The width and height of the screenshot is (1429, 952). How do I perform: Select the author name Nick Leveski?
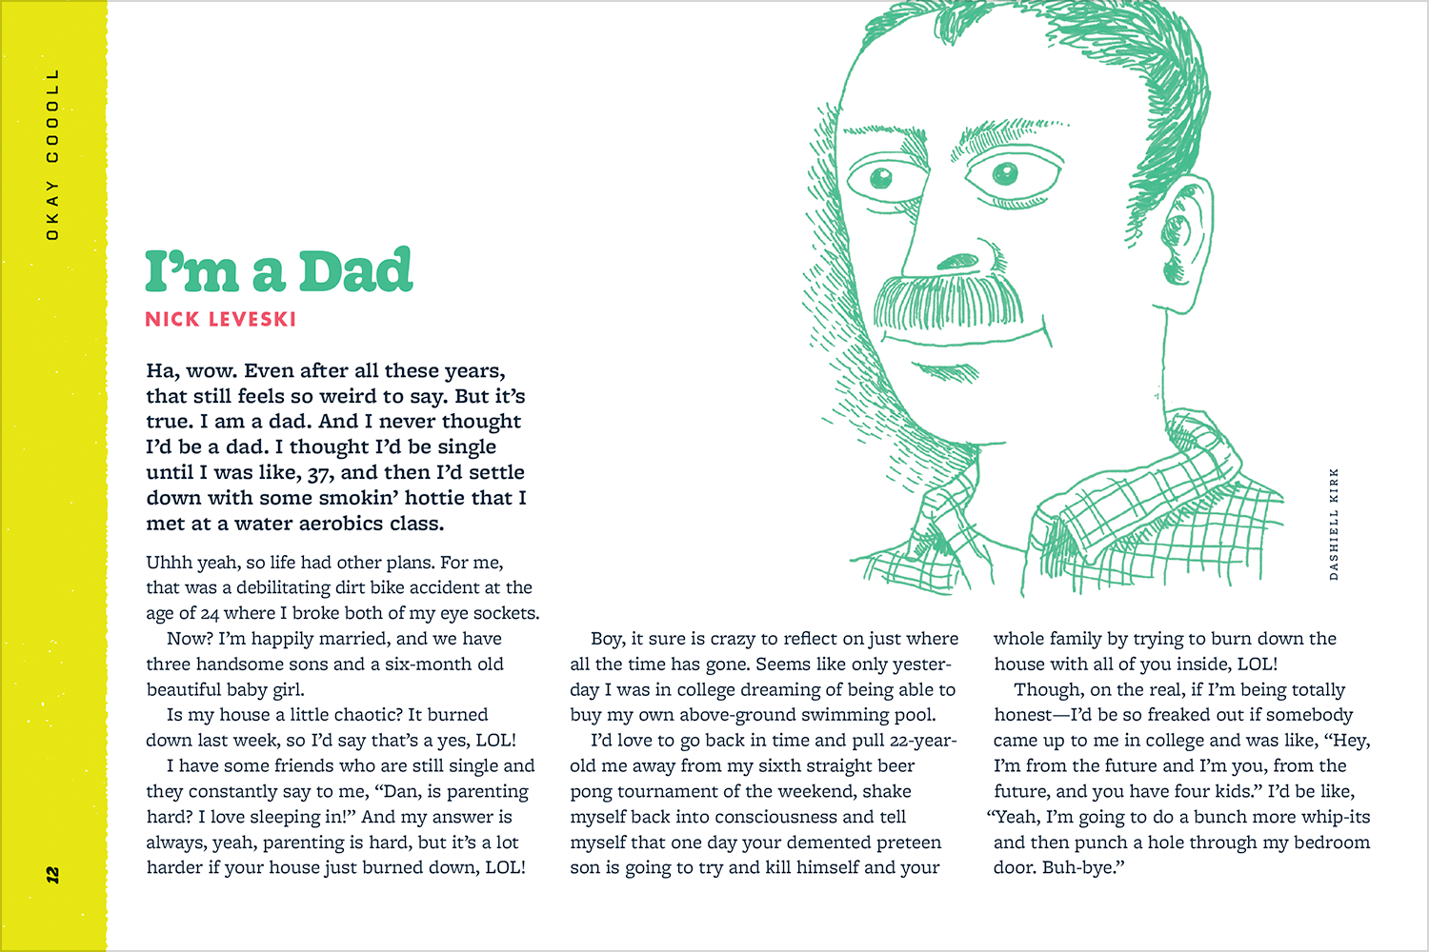(220, 320)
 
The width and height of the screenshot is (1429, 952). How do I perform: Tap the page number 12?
(52, 873)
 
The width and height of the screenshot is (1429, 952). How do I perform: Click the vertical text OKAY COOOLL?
(52, 153)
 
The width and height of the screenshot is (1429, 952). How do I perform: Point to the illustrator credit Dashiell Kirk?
(1334, 524)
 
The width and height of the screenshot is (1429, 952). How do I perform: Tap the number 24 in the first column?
(209, 614)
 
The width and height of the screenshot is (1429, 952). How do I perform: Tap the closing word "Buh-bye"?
(1081, 868)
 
